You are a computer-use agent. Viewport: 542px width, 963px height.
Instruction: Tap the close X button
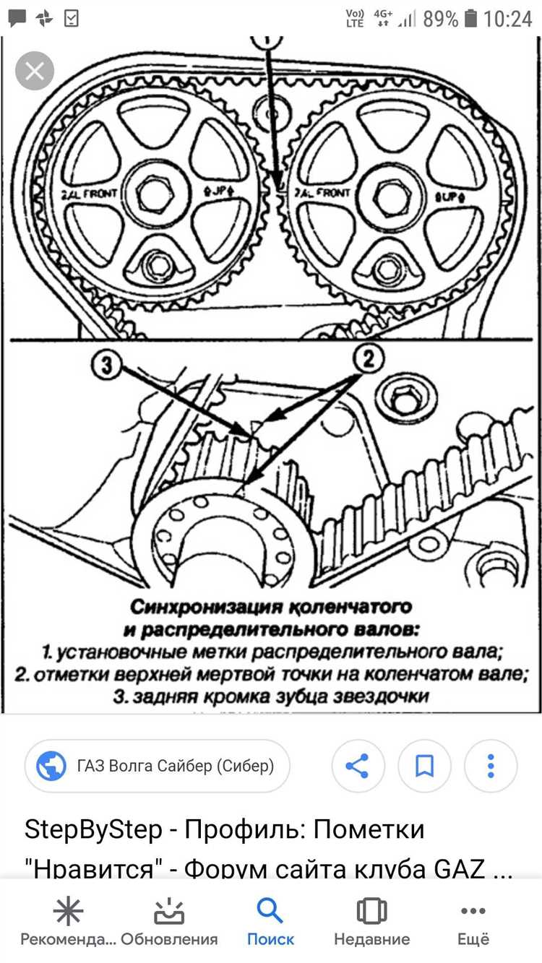[35, 70]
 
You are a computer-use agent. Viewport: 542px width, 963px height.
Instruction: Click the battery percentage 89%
[440, 19]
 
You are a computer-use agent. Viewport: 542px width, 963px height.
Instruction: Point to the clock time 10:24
[507, 19]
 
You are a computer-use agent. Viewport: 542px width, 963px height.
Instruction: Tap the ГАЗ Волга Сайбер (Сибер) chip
[158, 765]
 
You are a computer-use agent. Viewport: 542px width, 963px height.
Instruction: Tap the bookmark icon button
[424, 765]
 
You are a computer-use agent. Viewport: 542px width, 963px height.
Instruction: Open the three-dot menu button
[491, 765]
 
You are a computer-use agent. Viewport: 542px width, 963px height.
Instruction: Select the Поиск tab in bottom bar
[270, 922]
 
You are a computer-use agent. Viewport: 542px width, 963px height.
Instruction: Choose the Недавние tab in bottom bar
[371, 922]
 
